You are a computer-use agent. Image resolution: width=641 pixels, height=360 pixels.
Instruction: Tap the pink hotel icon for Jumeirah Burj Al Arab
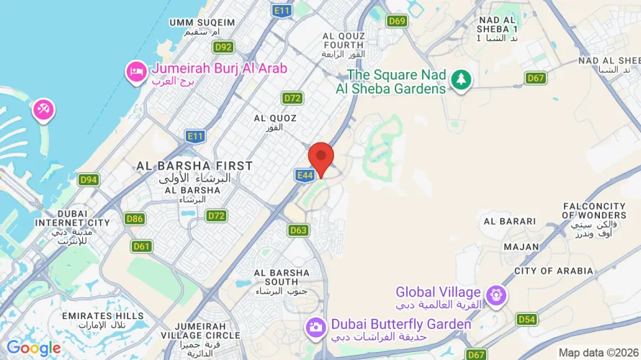click(135, 72)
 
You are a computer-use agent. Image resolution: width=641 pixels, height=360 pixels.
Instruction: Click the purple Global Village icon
click(496, 294)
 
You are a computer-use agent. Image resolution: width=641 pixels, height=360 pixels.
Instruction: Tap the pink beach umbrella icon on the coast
click(42, 110)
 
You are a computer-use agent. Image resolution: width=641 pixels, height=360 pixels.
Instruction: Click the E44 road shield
click(303, 174)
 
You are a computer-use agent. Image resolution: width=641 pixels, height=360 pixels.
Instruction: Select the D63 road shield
click(298, 230)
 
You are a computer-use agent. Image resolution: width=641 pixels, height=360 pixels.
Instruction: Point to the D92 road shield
click(224, 47)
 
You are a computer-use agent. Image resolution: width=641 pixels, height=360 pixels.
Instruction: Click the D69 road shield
click(397, 21)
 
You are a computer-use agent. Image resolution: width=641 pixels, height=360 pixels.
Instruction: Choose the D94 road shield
click(89, 179)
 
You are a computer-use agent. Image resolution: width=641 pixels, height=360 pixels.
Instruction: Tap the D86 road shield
click(134, 217)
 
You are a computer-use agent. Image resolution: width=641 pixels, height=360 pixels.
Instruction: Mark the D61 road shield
click(141, 246)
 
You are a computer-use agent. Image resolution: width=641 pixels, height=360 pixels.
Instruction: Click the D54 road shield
click(526, 319)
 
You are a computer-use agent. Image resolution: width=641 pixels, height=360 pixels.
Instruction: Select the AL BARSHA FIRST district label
click(195, 166)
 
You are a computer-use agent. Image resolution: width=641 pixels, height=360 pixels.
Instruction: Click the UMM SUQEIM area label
click(202, 22)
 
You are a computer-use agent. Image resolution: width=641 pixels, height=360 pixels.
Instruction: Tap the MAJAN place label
click(521, 247)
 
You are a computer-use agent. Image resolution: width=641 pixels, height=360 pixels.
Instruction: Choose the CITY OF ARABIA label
click(554, 271)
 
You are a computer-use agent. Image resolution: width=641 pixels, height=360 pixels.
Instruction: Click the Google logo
click(34, 348)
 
